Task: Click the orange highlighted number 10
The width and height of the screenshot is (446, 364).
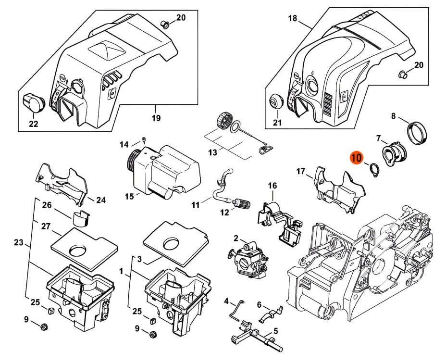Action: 356,159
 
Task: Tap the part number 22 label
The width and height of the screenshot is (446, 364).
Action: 33,124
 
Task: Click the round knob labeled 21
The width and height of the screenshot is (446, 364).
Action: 275,102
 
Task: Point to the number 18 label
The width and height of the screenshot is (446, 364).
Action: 293,19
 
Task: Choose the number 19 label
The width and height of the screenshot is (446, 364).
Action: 156,118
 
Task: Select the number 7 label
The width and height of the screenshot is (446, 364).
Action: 379,138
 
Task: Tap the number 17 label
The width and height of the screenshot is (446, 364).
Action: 301,171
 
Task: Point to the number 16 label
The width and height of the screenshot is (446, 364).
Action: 273,186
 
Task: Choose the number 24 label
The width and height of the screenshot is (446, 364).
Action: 100,200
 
